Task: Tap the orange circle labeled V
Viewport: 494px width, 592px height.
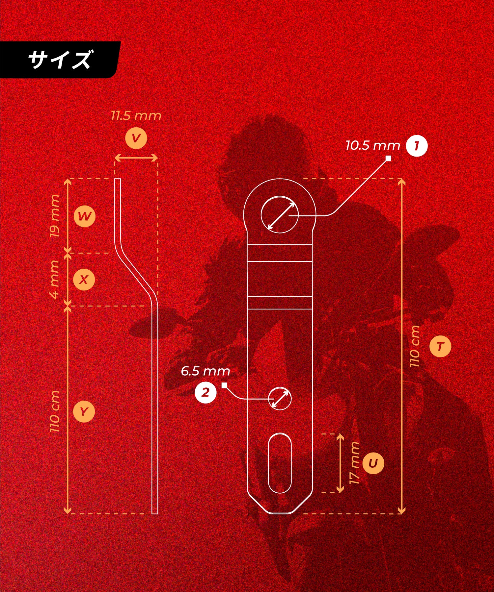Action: (136, 138)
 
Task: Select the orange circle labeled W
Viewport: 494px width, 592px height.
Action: (85, 216)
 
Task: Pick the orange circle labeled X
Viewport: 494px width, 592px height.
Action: (84, 280)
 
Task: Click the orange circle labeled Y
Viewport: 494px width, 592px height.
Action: (84, 411)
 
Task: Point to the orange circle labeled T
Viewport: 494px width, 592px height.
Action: (440, 346)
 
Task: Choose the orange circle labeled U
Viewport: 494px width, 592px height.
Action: (373, 463)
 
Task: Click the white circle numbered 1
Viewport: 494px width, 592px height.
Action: (417, 146)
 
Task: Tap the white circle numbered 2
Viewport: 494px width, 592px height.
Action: (206, 392)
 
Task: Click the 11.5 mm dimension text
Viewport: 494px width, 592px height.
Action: (136, 116)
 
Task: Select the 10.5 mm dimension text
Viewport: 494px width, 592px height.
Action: (373, 145)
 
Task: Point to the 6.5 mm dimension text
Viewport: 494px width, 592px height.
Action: (205, 371)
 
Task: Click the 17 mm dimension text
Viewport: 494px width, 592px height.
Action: (354, 463)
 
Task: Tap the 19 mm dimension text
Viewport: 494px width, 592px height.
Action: (55, 216)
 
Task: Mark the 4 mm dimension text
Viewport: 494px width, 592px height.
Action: (55, 280)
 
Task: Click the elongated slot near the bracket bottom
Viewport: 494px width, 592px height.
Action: (280, 463)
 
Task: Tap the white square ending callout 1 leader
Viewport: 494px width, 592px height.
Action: (388, 159)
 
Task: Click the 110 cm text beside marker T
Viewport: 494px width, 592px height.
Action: (415, 346)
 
